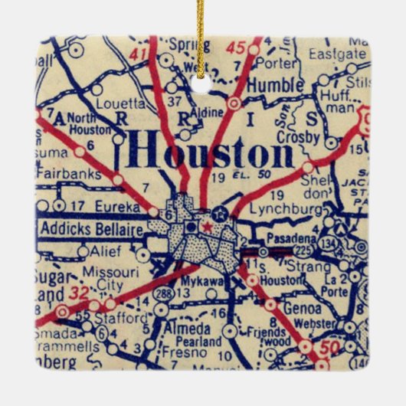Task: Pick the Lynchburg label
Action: (x=277, y=208)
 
